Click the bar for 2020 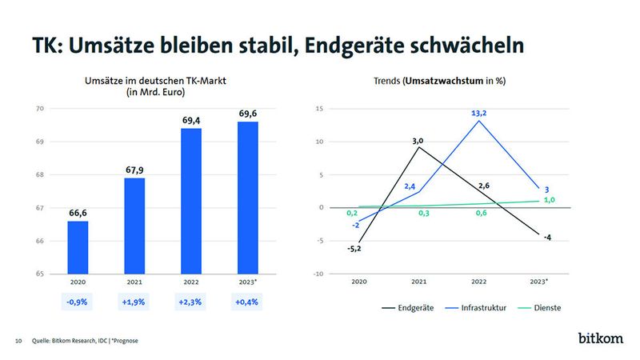click(x=78, y=247)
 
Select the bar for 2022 click(x=191, y=200)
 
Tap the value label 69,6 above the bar click(x=248, y=114)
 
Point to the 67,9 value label click(x=134, y=170)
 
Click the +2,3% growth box click(x=191, y=303)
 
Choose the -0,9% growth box click(x=78, y=303)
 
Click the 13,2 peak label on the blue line click(x=478, y=114)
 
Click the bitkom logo click(x=600, y=338)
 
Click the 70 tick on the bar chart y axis click(x=38, y=108)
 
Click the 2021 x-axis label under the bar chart click(x=134, y=282)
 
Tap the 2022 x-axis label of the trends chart click(x=478, y=282)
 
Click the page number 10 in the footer click(x=18, y=342)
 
